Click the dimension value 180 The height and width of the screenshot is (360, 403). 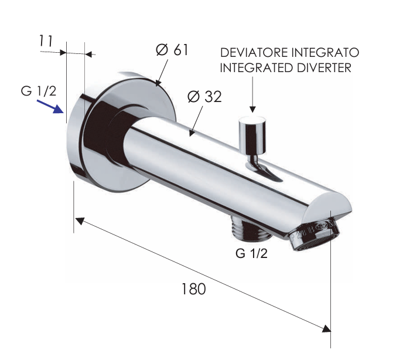(x=193, y=289)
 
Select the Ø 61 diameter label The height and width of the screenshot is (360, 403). (x=172, y=50)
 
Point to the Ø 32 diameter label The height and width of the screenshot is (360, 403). (x=204, y=97)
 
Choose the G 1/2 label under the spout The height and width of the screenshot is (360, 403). (x=251, y=254)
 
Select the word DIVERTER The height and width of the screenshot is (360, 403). (x=324, y=67)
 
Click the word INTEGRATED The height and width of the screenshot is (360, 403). (x=255, y=67)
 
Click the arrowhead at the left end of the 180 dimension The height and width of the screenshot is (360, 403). (x=80, y=220)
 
